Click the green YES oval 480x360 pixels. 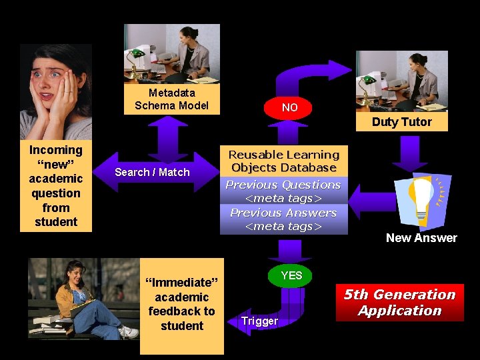point(291,275)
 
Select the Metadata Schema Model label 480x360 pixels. point(171,99)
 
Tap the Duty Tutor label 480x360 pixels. point(401,122)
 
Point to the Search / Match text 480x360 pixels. point(152,172)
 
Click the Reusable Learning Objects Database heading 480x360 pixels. point(284,161)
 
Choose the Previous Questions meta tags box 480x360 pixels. point(284,191)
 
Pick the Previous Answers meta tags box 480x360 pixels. point(284,219)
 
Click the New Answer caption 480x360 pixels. point(421,238)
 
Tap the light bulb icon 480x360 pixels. point(423,199)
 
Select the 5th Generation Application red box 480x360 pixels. point(399,303)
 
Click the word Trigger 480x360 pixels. point(259,321)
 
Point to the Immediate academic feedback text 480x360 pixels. point(181,304)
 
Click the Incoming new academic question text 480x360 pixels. point(56,186)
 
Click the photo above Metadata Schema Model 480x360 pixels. point(171,54)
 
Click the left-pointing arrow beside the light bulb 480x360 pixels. point(371,199)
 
